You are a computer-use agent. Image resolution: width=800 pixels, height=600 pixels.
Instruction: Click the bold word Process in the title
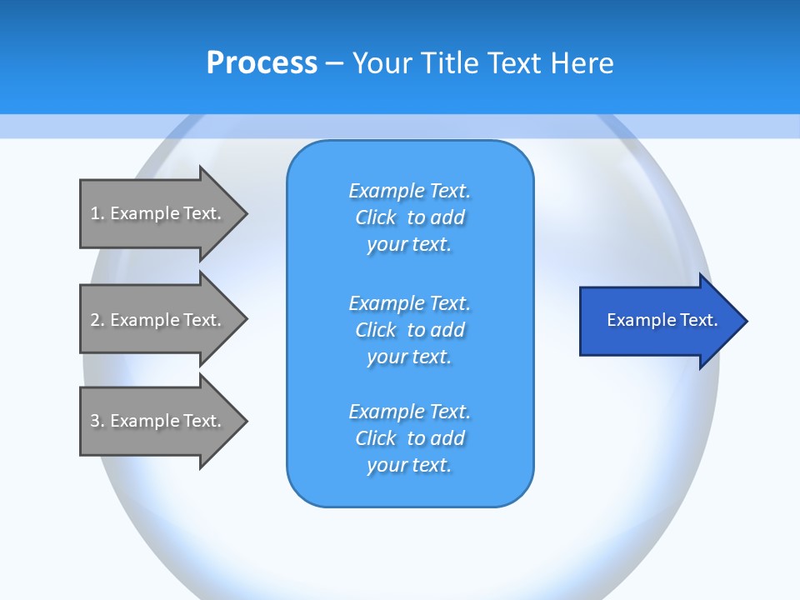262,62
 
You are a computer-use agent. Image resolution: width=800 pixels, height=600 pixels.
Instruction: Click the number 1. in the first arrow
97,213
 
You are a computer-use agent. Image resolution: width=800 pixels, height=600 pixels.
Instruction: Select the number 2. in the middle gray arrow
97,320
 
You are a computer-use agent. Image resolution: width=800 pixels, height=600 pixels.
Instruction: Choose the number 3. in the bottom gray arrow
97,421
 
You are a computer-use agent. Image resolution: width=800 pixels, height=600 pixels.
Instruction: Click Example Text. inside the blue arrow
662,320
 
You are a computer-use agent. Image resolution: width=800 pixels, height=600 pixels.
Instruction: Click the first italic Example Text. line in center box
409,191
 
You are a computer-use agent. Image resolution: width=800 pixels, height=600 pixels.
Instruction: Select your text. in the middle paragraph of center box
409,357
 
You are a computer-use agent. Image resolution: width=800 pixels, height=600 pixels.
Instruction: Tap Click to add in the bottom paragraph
409,438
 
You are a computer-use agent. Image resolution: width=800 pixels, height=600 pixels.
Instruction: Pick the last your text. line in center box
409,465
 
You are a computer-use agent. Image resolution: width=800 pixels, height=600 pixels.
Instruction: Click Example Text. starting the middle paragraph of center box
409,302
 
